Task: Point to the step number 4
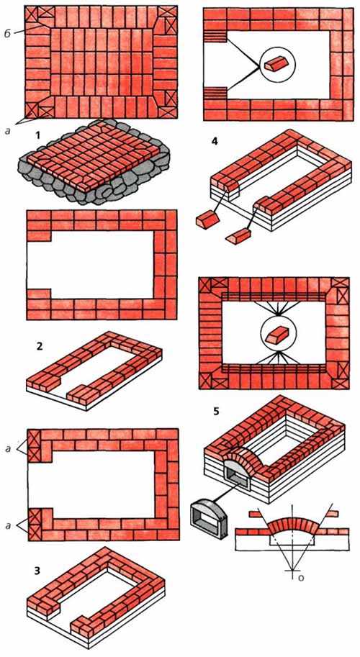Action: click(x=215, y=142)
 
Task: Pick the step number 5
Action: click(x=216, y=411)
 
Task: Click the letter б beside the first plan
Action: click(x=7, y=33)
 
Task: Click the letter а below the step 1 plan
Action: click(x=8, y=130)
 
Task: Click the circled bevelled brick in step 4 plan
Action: click(x=276, y=65)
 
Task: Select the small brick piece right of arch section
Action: click(x=330, y=513)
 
